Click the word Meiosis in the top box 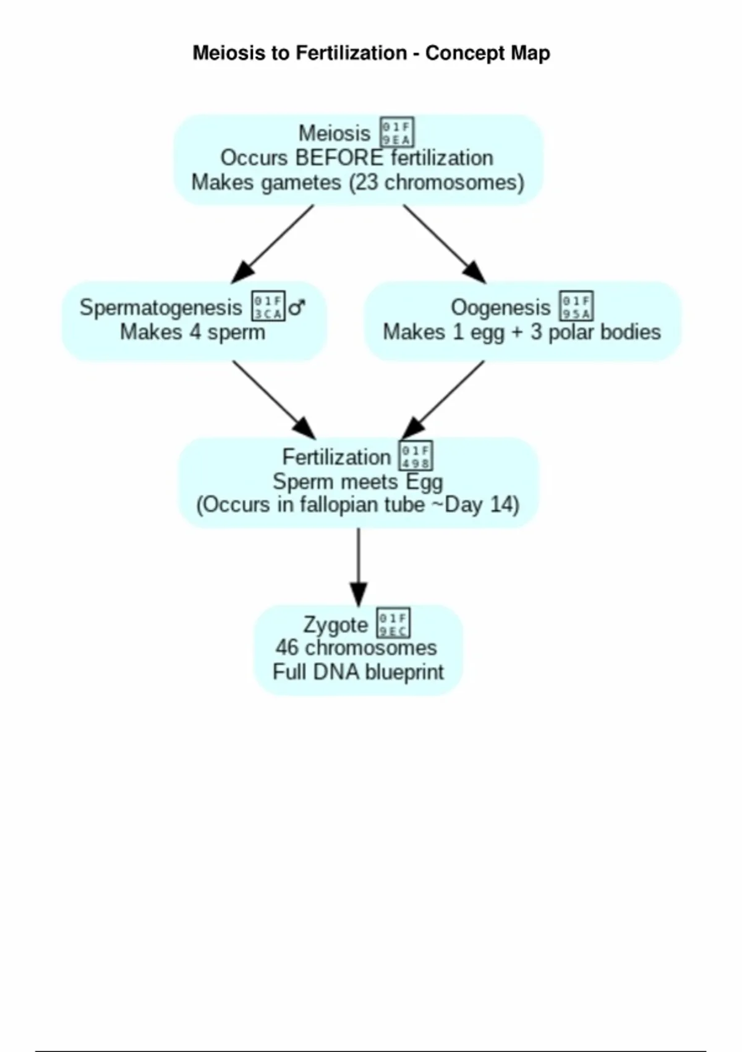(334, 133)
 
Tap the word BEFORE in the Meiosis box (339, 158)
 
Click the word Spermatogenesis (161, 308)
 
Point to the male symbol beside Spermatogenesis (297, 307)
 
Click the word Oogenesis (500, 308)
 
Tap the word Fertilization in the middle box (336, 457)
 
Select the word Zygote (335, 624)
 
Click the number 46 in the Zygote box (288, 648)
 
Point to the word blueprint (405, 672)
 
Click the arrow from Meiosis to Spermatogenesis (272, 244)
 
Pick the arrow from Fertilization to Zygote (359, 566)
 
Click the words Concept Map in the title (487, 53)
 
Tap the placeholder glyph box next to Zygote (393, 623)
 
